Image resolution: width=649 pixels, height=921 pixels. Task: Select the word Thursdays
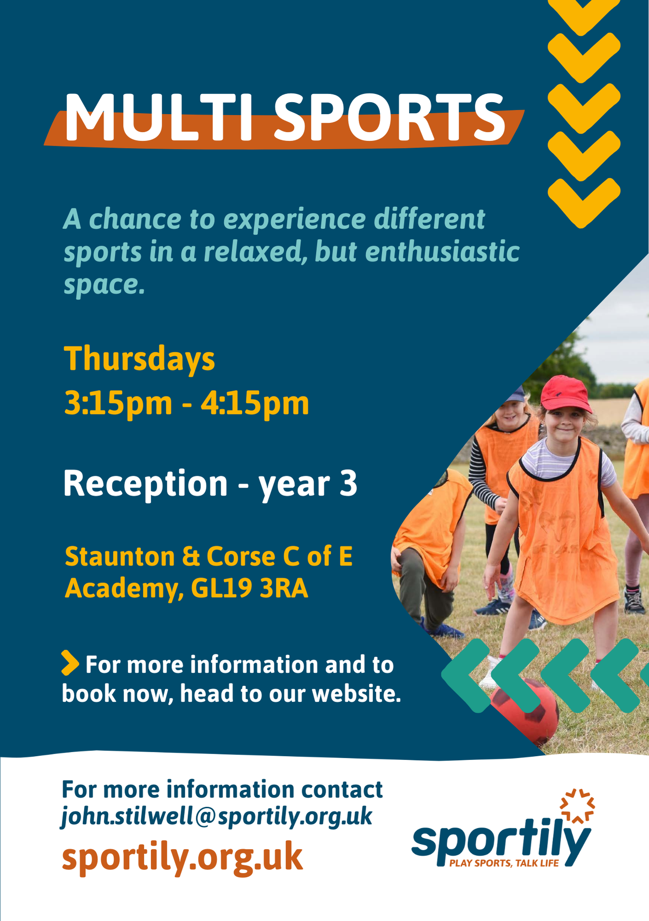click(x=139, y=360)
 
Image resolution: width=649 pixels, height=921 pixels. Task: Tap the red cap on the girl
click(x=566, y=394)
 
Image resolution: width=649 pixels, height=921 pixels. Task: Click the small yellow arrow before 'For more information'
click(x=70, y=663)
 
